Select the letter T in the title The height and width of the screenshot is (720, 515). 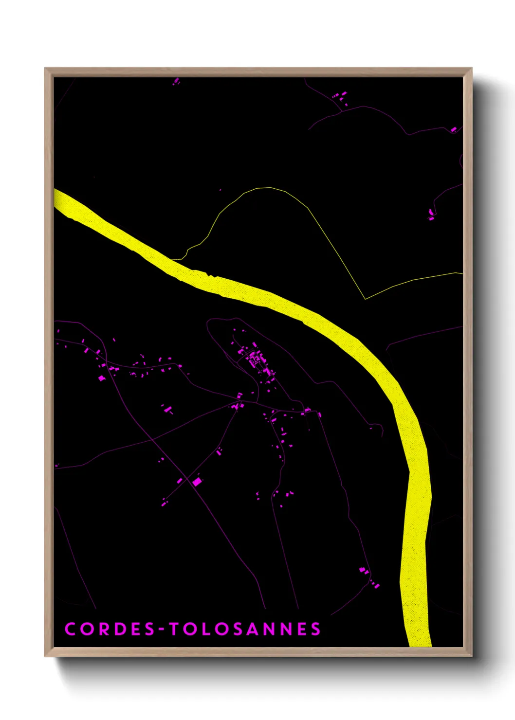[x=175, y=629]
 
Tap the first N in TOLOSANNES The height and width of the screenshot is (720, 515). [x=269, y=629]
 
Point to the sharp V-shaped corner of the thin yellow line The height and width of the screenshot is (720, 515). [x=365, y=299]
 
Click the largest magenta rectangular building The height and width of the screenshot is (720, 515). [x=197, y=482]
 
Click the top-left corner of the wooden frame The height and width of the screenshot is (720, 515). [x=46, y=69]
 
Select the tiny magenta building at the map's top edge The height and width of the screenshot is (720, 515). [x=176, y=81]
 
